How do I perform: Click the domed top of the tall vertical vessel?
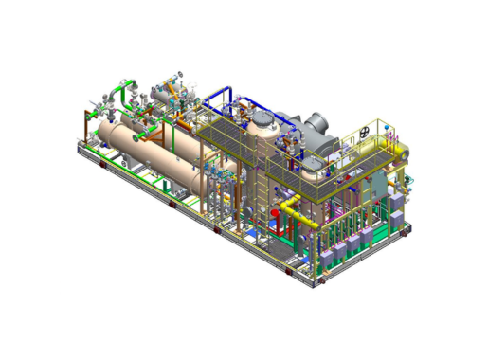(262, 120)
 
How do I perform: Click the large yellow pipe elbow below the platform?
(300, 213)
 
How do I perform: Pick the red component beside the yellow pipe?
(275, 213)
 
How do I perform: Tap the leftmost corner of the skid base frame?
(77, 144)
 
